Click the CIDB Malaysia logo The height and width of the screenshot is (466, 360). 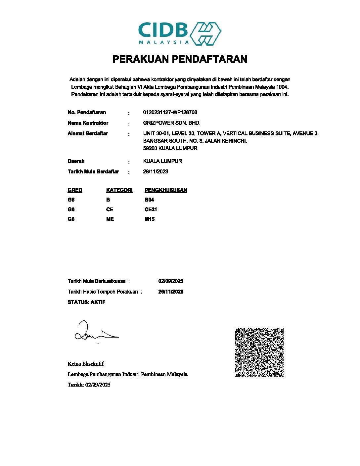pos(180,33)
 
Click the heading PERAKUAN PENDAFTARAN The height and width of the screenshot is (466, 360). pos(180,59)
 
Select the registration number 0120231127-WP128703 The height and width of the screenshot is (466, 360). pos(170,112)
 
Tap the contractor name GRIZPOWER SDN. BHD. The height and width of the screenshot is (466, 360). pos(172,123)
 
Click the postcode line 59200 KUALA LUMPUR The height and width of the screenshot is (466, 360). pos(170,148)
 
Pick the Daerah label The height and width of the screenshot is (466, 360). pos(76,161)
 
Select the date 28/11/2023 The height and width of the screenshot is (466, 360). pos(156,171)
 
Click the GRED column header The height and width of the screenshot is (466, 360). pos(75,190)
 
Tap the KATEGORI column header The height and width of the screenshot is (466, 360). pos(119,190)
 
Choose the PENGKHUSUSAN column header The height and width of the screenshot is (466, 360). pos(166,190)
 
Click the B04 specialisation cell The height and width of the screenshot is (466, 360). pos(149,200)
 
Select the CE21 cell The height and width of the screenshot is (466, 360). pos(151,209)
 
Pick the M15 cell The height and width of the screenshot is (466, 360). pos(150,219)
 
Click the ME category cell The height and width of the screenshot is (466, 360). pos(110,219)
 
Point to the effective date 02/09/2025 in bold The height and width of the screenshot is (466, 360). pos(171,281)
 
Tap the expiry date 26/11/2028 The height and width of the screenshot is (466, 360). pos(171,292)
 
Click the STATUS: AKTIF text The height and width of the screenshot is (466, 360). pos(86,302)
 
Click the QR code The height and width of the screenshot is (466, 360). pos(259,352)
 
